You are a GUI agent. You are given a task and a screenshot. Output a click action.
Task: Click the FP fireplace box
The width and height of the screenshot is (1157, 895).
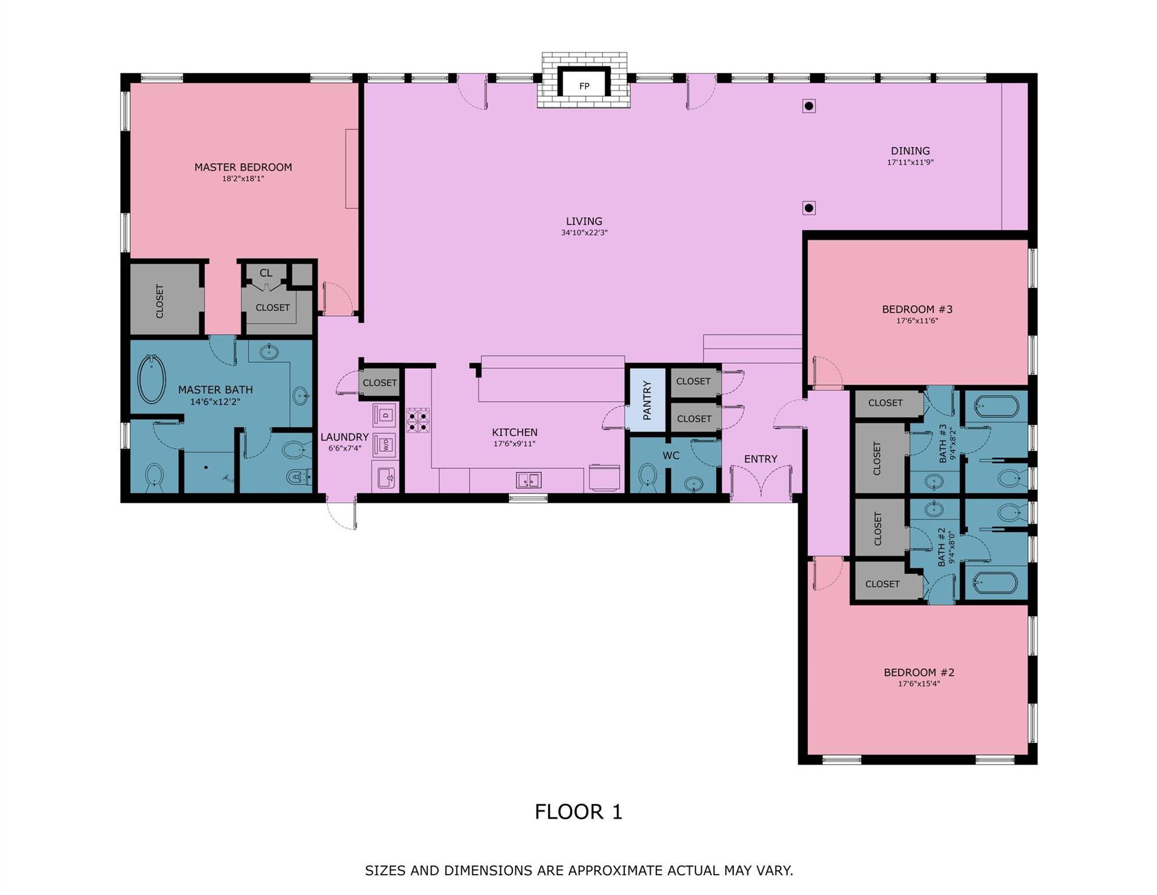point(584,86)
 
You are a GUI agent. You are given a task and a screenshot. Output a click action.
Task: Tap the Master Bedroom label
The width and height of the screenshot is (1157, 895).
point(243,167)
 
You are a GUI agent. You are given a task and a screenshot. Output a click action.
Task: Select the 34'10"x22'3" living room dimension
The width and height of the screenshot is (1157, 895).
point(584,232)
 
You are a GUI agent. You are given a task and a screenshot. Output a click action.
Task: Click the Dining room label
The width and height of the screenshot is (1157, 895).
point(910,151)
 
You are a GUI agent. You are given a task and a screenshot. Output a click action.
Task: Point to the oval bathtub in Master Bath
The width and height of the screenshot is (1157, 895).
point(151,379)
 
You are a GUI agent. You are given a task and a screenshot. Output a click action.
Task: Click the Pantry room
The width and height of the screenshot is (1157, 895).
point(646,400)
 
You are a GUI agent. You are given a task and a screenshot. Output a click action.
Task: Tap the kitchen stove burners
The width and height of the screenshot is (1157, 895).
point(417,420)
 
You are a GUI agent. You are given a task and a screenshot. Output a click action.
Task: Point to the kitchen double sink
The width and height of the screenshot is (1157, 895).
point(528,480)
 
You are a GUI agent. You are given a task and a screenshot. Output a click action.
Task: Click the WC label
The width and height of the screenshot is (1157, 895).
point(671,456)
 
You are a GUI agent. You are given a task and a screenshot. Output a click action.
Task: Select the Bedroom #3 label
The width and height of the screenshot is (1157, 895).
point(917,309)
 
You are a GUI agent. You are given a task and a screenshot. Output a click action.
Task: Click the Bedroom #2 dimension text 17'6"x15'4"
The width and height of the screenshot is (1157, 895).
point(918,683)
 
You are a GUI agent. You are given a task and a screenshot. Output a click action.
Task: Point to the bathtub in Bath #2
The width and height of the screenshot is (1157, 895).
point(996,583)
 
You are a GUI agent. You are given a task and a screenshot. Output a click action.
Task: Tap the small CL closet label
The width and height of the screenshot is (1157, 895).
point(266,273)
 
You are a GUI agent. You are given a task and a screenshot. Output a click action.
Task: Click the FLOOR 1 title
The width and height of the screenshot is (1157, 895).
point(578,812)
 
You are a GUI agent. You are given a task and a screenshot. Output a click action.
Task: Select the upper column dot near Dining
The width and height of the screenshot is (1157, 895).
point(809,106)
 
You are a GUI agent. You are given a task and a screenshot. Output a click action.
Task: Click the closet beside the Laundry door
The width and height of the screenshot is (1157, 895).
point(380,383)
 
